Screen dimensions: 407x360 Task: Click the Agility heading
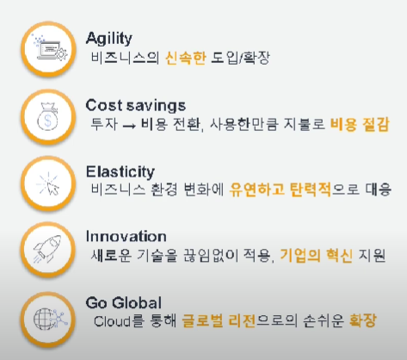(109, 38)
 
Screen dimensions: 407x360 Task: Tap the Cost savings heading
(136, 106)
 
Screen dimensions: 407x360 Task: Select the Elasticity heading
(120, 172)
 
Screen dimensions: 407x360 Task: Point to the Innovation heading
(126, 237)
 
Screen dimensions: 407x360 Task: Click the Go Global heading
(124, 302)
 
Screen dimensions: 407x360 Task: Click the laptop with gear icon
(49, 47)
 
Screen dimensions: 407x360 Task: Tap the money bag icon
(47, 116)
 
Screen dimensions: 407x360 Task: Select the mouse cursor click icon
(48, 183)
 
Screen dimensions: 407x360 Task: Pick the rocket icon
(47, 249)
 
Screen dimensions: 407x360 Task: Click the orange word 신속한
(186, 58)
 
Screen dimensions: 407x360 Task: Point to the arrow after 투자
(129, 126)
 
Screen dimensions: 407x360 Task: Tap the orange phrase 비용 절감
(360, 124)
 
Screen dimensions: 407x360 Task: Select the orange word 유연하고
(256, 189)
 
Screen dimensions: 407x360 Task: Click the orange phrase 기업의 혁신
(316, 255)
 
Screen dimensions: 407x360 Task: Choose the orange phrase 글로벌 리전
(219, 320)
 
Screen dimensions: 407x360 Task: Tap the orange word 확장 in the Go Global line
(362, 320)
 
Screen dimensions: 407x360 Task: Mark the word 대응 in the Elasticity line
(379, 189)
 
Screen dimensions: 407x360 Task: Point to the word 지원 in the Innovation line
(372, 255)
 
